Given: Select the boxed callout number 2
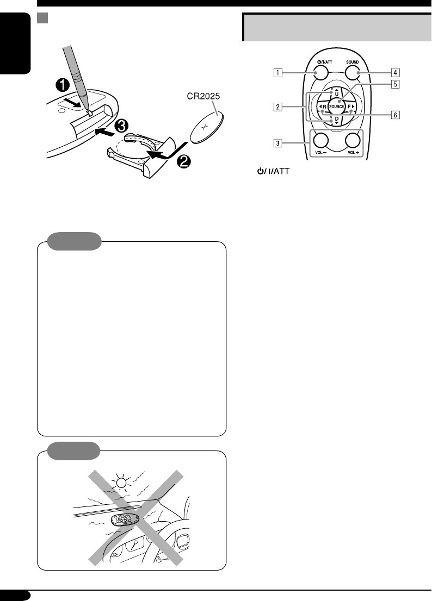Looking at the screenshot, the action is [277, 107].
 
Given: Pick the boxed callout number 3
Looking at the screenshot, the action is [277, 143].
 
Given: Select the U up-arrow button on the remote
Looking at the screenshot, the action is [337, 93].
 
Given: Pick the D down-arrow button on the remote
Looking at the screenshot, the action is [337, 120].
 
